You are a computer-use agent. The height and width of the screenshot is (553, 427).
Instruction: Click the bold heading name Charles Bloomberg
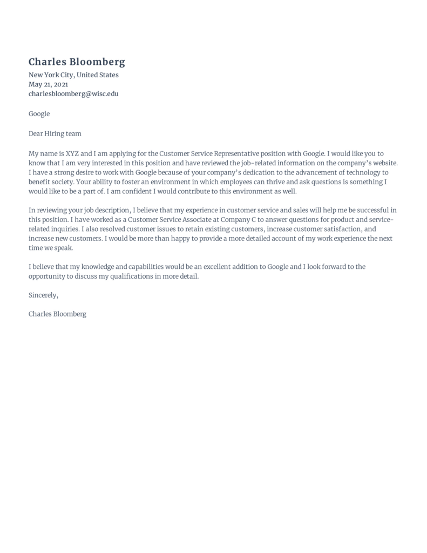77,62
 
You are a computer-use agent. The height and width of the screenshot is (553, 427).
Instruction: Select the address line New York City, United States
73,75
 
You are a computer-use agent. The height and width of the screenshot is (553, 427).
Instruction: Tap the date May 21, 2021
48,84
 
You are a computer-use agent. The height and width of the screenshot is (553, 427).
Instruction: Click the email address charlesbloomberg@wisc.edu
73,93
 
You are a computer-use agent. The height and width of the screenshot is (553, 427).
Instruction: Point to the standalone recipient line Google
39,113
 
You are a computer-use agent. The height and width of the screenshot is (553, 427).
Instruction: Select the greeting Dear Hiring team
55,133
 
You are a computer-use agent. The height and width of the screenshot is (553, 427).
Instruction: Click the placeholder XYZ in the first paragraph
72,153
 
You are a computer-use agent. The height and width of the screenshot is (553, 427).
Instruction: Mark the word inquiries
64,229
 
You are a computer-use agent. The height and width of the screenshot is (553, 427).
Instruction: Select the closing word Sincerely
43,295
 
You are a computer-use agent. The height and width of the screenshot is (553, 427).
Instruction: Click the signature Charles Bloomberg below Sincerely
57,314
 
